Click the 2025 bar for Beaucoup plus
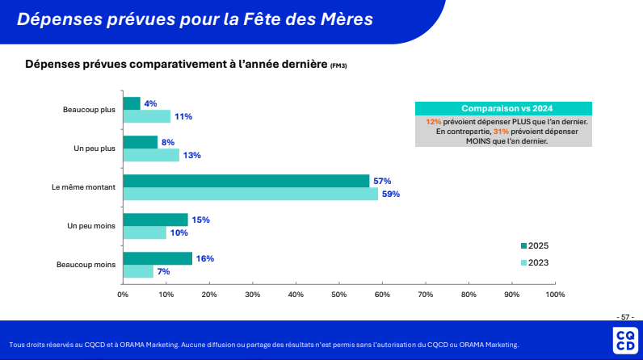click(132, 103)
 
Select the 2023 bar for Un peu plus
click(151, 155)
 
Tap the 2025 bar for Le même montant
click(246, 181)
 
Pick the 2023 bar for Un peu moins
click(145, 232)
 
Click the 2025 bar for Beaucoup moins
click(158, 258)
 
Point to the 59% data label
click(391, 194)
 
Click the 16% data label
click(204, 258)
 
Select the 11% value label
click(183, 116)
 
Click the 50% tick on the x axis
click(338, 295)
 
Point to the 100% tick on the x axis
click(555, 295)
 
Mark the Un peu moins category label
click(91, 226)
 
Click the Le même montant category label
click(83, 187)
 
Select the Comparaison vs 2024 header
click(502, 108)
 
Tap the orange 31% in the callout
click(500, 131)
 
